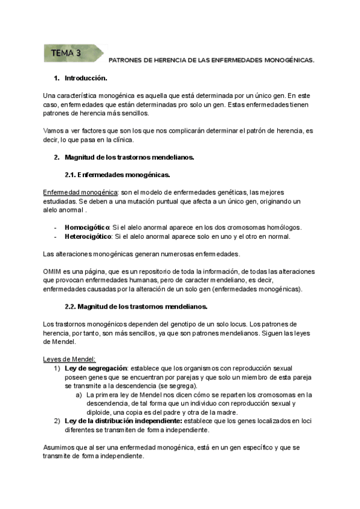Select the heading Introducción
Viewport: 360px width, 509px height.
click(x=86, y=79)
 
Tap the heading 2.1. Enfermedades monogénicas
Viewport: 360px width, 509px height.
click(x=117, y=175)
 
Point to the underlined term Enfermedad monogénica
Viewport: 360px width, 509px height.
click(x=80, y=192)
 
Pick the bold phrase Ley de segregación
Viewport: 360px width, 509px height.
click(x=96, y=368)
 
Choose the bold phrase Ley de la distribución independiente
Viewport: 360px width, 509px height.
click(x=127, y=421)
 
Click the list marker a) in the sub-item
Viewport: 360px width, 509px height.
click(x=79, y=395)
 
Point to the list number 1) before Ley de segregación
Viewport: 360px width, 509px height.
click(x=57, y=368)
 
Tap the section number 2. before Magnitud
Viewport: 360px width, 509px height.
click(x=56, y=157)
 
